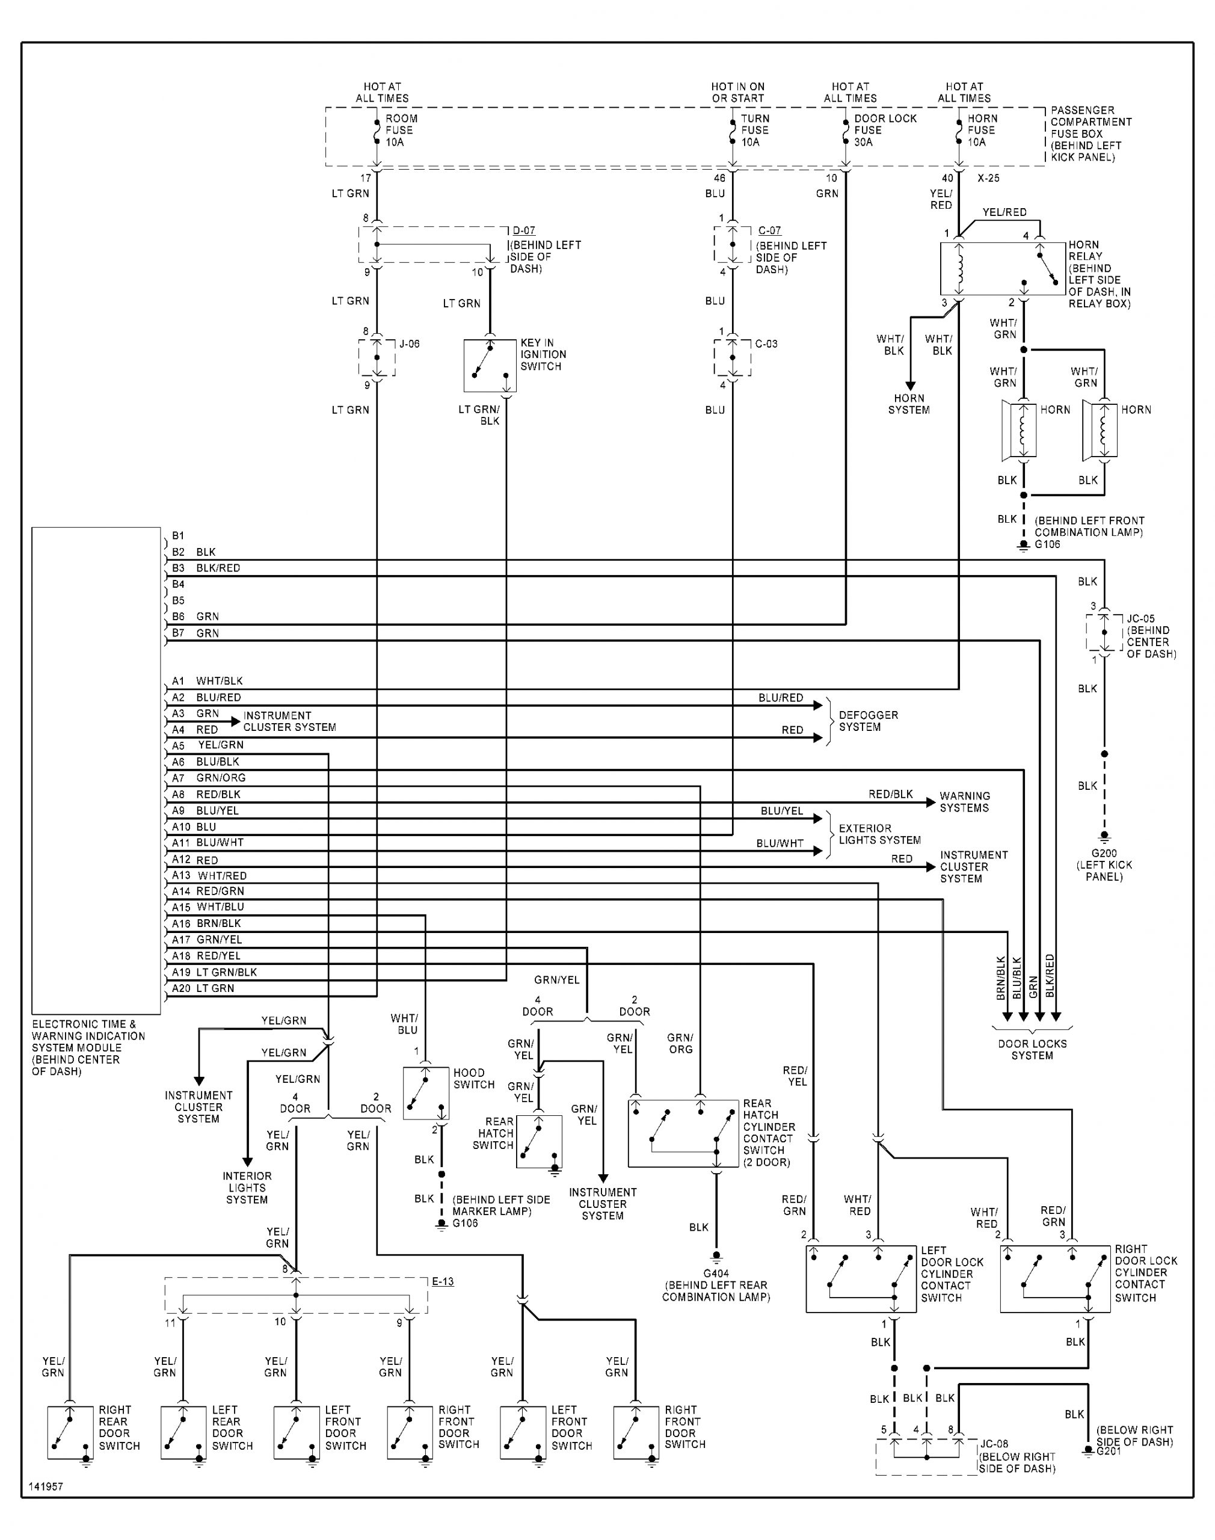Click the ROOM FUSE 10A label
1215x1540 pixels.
[401, 130]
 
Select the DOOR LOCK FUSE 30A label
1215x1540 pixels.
[884, 130]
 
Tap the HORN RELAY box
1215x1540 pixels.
[1003, 269]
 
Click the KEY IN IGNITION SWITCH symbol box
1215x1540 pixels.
[490, 366]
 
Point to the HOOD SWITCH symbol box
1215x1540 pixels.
[425, 1093]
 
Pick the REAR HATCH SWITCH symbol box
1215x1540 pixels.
[538, 1142]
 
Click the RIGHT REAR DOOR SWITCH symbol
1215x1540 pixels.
[70, 1432]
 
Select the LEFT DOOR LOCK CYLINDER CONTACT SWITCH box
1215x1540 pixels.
[861, 1278]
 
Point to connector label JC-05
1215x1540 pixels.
[1140, 619]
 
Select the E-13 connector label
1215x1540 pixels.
[443, 1282]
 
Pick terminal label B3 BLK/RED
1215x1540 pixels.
[206, 568]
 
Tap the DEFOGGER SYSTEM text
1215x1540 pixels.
[868, 721]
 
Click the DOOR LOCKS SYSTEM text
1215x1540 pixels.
[1032, 1049]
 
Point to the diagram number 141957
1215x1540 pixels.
[46, 1486]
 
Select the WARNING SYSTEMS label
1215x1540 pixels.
[964, 802]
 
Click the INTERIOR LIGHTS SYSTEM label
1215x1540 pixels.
[247, 1187]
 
